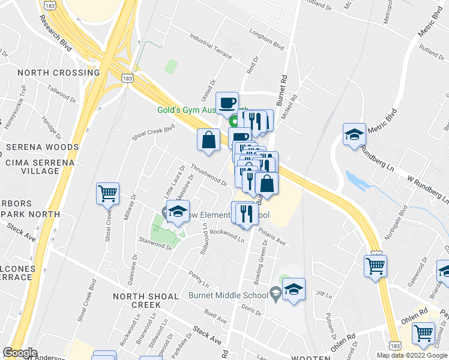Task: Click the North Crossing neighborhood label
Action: (x=58, y=73)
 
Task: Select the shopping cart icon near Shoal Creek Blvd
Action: (x=108, y=194)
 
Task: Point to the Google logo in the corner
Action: (x=20, y=353)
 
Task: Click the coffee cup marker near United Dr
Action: (x=228, y=103)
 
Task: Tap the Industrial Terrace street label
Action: (x=210, y=46)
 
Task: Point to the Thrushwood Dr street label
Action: (x=208, y=175)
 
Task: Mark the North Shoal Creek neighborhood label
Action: (x=146, y=301)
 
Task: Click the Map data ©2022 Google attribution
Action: (x=411, y=355)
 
